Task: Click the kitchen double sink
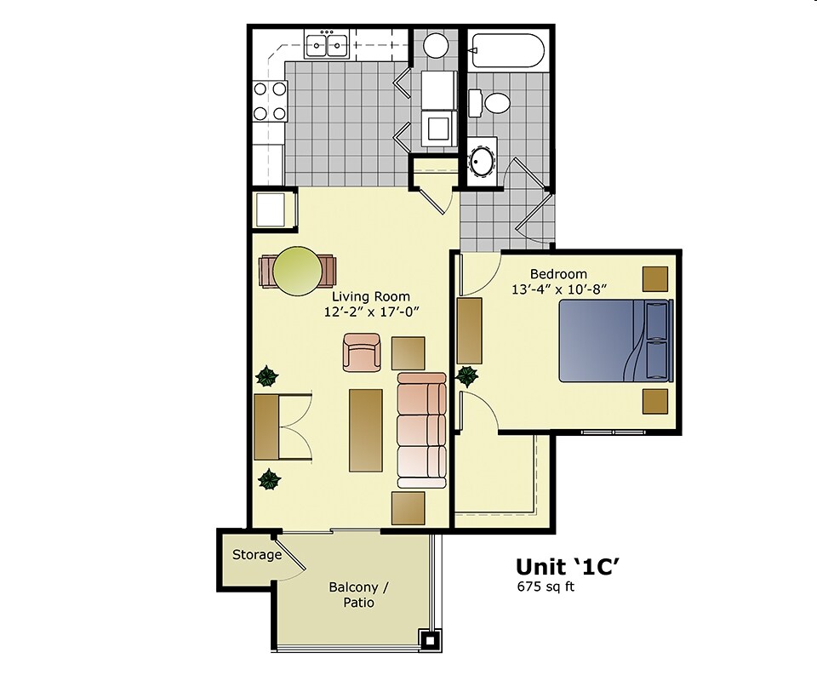pyautogui.click(x=326, y=43)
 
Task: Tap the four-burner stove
pyautogui.click(x=269, y=100)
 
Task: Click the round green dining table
pyautogui.click(x=297, y=272)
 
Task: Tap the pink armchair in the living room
pyautogui.click(x=362, y=352)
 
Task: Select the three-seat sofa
pyautogui.click(x=421, y=430)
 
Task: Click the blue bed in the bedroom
pyautogui.click(x=614, y=341)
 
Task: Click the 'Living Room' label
pyautogui.click(x=370, y=296)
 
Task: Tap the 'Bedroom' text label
pyautogui.click(x=558, y=274)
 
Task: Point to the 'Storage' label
pyautogui.click(x=257, y=555)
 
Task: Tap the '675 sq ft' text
pyautogui.click(x=546, y=587)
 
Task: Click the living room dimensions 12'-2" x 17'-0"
pyautogui.click(x=373, y=312)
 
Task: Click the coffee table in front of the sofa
pyautogui.click(x=366, y=430)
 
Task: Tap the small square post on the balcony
pyautogui.click(x=431, y=639)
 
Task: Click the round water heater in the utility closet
pyautogui.click(x=437, y=44)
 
